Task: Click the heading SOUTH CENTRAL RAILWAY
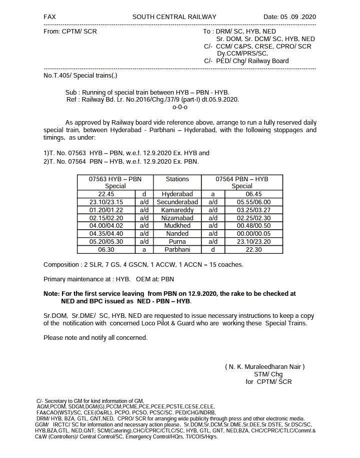[x=174, y=17]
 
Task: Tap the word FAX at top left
[x=49, y=17]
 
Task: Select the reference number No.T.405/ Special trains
[x=80, y=76]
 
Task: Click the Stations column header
[x=177, y=179]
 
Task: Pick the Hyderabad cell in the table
[x=177, y=194]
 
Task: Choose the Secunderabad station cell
[x=177, y=202]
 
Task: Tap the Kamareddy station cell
[x=177, y=210]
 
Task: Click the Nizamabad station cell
[x=177, y=218]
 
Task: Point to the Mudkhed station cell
[x=177, y=226]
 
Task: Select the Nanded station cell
[x=177, y=234]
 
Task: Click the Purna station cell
[x=177, y=242]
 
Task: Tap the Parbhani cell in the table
[x=177, y=250]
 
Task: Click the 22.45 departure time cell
[x=106, y=194]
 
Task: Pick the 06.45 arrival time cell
[x=253, y=194]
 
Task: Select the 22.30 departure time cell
[x=253, y=250]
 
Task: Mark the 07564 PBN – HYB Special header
[x=242, y=182]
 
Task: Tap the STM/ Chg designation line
[x=268, y=374]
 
